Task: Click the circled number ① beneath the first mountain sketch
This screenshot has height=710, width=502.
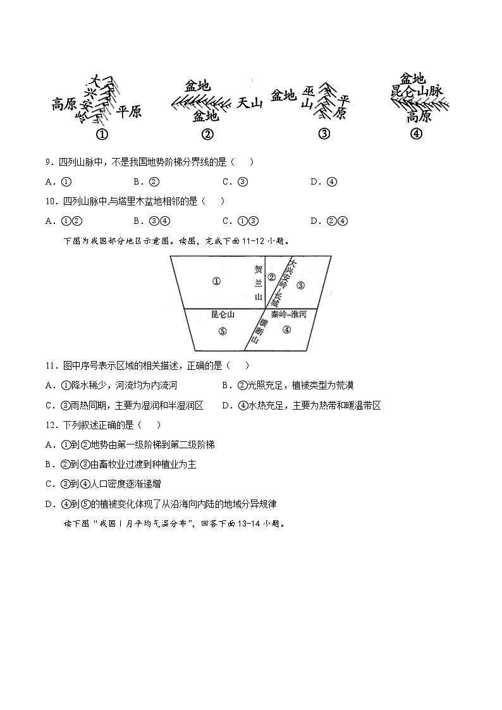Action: click(101, 134)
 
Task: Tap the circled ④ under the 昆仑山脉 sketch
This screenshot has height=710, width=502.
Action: click(416, 133)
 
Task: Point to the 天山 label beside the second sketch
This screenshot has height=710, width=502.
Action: click(249, 102)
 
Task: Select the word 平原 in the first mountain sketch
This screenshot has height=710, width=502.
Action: click(129, 112)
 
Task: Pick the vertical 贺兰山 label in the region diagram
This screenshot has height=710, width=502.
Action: click(257, 282)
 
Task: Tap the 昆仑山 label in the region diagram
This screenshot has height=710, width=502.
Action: click(223, 314)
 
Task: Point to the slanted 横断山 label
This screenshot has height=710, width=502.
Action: click(258, 330)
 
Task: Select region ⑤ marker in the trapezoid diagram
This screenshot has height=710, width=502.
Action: click(222, 331)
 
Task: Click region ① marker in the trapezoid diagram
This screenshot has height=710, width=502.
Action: click(216, 281)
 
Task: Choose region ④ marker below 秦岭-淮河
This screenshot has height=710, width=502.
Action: click(286, 329)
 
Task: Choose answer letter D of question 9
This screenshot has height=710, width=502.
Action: click(314, 182)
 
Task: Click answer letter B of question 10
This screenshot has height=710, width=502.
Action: click(137, 221)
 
